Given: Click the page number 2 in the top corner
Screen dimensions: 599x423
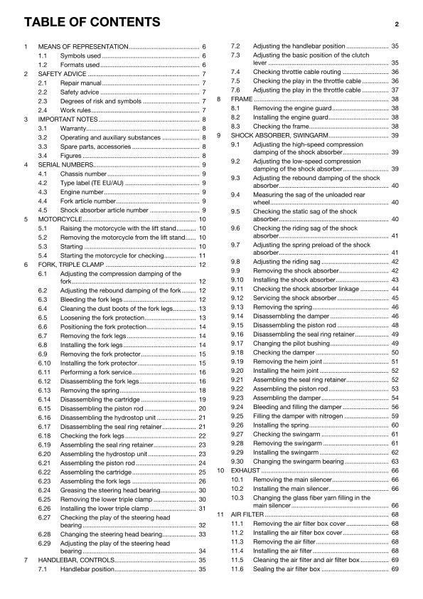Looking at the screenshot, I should [398, 23].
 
